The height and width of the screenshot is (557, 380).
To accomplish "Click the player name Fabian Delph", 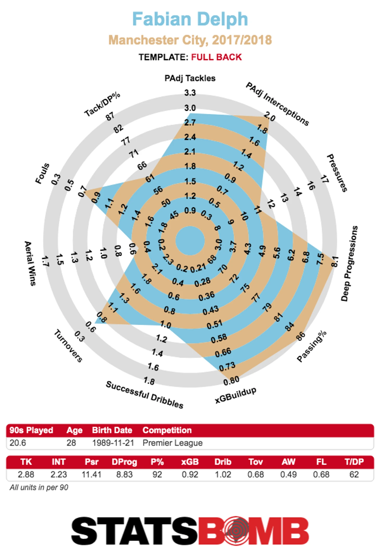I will [x=190, y=19].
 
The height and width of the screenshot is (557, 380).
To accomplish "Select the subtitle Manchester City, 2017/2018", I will [x=190, y=40].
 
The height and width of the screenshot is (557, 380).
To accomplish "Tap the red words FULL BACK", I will [x=216, y=57].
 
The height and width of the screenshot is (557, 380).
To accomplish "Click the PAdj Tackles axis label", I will [x=190, y=78].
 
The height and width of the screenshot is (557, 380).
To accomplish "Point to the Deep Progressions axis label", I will [x=349, y=263].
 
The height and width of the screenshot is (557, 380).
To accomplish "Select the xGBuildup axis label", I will [x=236, y=395].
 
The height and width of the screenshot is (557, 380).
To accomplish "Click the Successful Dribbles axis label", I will [x=145, y=395].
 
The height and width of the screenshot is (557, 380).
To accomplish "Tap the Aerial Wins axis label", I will [x=30, y=263].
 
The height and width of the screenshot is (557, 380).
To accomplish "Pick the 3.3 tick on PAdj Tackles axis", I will [x=190, y=93].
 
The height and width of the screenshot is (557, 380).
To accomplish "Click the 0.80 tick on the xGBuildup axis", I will [x=231, y=381].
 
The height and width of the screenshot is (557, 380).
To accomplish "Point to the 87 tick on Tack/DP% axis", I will [x=110, y=116].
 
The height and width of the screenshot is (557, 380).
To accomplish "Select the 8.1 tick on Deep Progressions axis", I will [x=335, y=261].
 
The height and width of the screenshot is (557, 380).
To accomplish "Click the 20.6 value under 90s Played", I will [x=18, y=443].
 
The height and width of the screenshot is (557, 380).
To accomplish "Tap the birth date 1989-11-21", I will [x=113, y=443].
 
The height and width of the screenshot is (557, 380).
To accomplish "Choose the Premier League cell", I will [x=172, y=443].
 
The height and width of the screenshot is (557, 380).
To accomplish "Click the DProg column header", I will [x=124, y=462].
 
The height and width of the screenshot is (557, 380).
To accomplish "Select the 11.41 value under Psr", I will [x=91, y=475].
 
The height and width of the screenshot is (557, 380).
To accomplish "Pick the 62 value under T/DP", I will [x=354, y=475].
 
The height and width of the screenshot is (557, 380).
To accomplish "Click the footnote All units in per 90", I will [x=39, y=487].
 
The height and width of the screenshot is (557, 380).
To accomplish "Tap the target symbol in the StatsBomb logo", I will [x=236, y=530].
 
